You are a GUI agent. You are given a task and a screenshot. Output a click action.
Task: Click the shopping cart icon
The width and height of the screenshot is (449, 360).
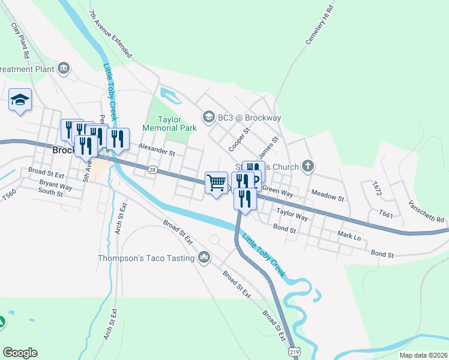tap(216, 182)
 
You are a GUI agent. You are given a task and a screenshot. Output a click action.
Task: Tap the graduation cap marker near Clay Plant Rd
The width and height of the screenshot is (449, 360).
tap(20, 100)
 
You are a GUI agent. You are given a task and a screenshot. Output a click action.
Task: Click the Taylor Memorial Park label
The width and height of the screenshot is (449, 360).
tap(169, 124)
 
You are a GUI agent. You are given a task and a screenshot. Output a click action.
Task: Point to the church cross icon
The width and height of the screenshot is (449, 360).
tap(308, 166)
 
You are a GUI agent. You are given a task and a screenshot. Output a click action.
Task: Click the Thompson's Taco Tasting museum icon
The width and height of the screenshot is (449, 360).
tap(204, 258)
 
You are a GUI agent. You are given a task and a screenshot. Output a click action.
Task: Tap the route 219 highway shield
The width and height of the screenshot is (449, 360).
tap(293, 351)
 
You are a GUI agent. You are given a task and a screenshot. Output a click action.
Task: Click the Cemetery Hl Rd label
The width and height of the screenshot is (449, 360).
tap(319, 25)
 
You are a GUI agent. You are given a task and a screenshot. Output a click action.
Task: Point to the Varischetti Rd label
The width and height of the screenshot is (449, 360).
tap(429, 211)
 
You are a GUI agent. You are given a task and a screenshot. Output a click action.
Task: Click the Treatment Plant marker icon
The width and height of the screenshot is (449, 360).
tap(64, 69)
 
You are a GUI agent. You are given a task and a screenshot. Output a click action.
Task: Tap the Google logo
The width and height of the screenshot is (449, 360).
tap(20, 352)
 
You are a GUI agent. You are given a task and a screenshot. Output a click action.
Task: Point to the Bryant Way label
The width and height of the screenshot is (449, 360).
tap(56, 186)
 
